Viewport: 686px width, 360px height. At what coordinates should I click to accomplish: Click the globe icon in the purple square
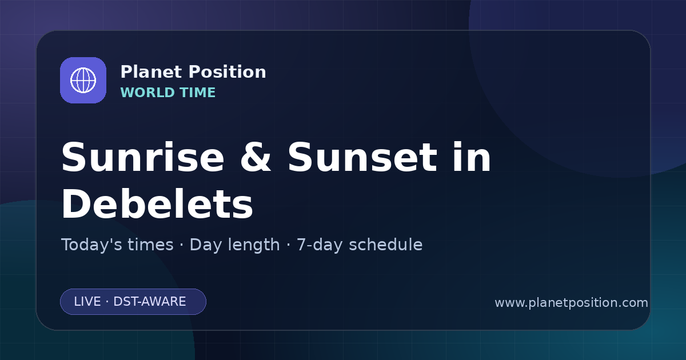83,80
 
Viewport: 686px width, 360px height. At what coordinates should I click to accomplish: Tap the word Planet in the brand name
151,72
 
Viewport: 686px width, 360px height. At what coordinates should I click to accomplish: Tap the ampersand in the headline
256,157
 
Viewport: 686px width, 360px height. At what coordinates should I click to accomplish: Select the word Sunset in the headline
362,157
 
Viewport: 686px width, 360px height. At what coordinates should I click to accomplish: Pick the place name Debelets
157,203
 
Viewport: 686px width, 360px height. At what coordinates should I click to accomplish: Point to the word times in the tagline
150,245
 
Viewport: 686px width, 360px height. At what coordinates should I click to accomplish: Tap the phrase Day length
234,245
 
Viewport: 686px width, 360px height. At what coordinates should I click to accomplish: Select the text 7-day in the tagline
320,245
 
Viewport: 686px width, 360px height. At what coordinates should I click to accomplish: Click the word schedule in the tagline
386,245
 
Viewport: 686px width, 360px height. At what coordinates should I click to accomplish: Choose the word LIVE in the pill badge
87,302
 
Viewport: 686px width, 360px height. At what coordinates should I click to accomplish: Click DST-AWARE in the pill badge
150,302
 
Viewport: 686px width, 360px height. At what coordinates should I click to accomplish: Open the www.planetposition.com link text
572,303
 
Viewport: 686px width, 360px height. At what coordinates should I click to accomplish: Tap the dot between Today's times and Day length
182,245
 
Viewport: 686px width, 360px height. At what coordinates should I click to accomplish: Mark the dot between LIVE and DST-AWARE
107,302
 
